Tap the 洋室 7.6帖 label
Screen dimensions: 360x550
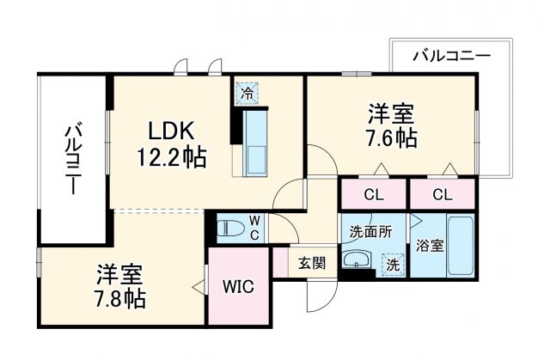(393, 125)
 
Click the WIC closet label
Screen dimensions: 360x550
(238, 287)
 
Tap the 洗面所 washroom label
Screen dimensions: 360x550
(370, 231)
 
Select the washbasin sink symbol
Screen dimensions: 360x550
(356, 260)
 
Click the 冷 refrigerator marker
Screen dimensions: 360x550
(246, 93)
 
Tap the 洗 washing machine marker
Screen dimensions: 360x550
(393, 265)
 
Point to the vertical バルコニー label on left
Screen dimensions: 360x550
(72, 159)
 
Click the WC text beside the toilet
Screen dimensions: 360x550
(255, 227)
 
